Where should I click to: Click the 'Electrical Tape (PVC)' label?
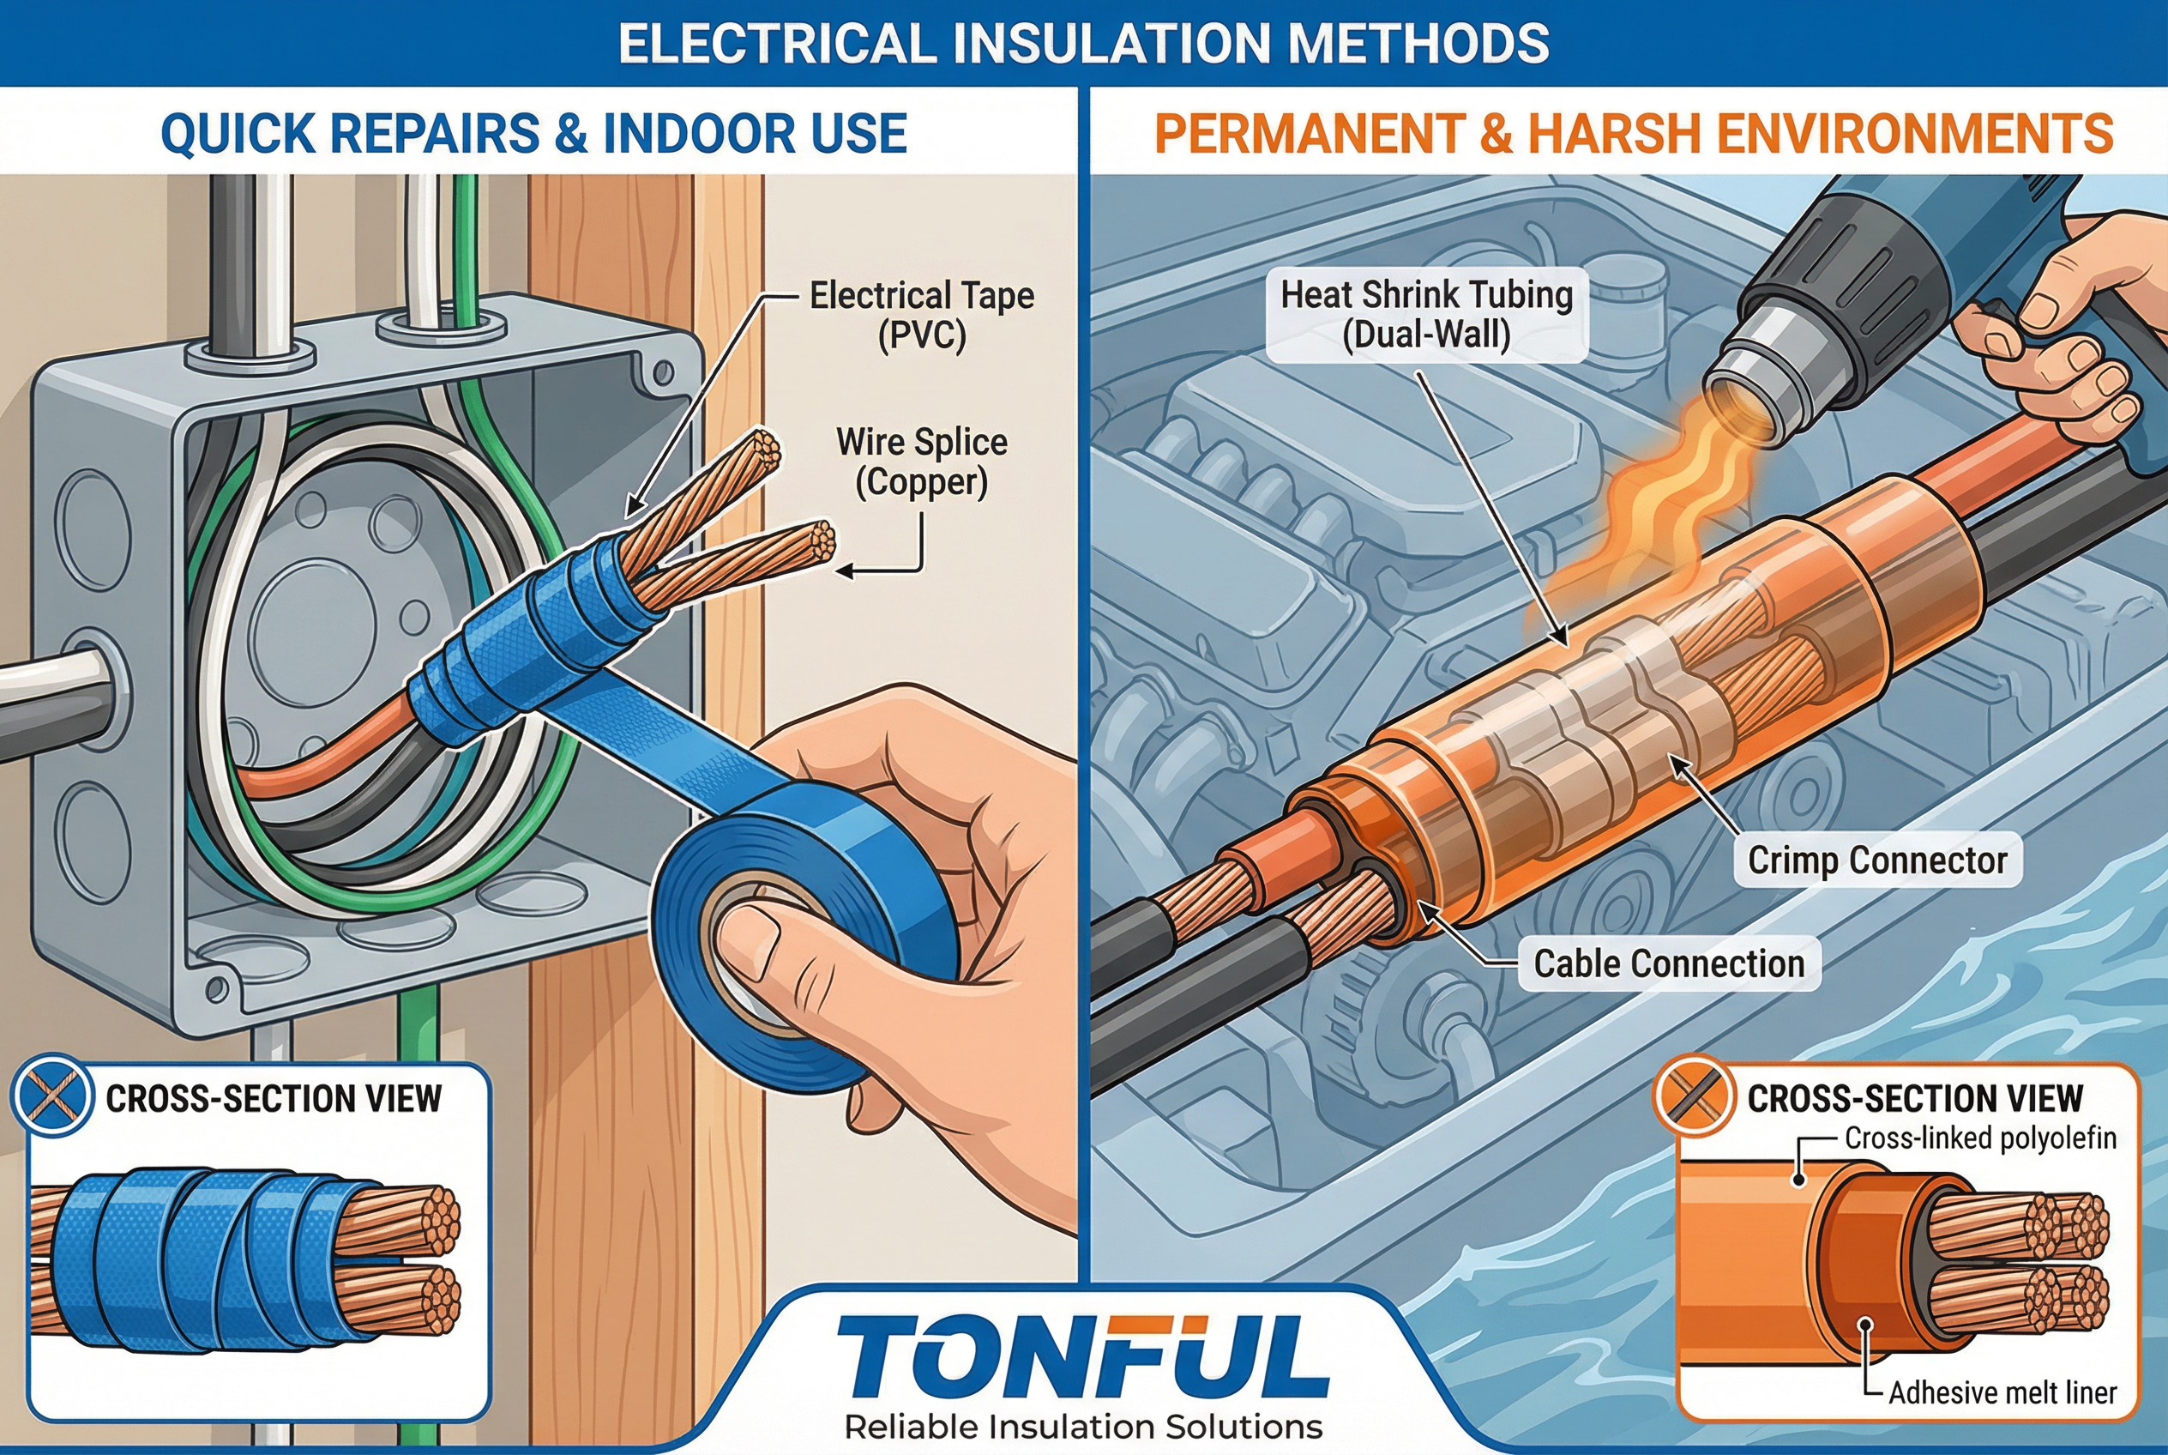(x=922, y=316)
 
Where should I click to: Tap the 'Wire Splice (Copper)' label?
(x=922, y=462)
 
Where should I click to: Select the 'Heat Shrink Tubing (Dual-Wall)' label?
(x=1427, y=315)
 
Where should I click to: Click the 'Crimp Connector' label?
(x=1877, y=860)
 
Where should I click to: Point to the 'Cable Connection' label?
(x=1669, y=963)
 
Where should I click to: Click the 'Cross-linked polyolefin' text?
(x=1980, y=1138)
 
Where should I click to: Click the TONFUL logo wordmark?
(x=1082, y=1355)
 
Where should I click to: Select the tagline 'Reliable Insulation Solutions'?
(x=1083, y=1426)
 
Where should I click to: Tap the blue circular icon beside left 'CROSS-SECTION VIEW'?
(x=52, y=1096)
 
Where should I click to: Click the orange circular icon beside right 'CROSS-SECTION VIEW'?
(x=1694, y=1096)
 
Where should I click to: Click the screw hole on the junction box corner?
(x=662, y=374)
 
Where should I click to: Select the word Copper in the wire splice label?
(x=922, y=482)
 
